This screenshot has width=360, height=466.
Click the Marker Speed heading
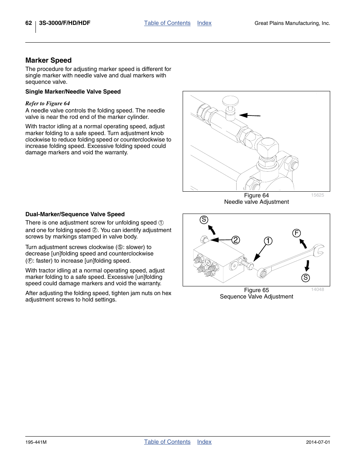(x=48, y=60)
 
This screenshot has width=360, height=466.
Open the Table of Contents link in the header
(x=167, y=23)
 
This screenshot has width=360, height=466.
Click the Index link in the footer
(x=204, y=442)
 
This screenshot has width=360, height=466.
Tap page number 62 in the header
(x=29, y=23)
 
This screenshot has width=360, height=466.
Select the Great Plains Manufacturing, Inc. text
(x=292, y=23)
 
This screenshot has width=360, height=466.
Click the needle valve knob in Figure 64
(x=230, y=101)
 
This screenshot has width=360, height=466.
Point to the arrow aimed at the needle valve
(x=249, y=115)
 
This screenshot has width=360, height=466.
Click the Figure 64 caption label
(x=256, y=195)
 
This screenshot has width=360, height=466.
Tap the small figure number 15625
(x=317, y=195)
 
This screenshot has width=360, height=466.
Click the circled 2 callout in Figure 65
(x=236, y=240)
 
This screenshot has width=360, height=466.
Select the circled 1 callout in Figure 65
(x=268, y=241)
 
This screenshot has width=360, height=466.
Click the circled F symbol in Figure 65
(x=297, y=233)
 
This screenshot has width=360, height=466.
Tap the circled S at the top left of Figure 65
(x=204, y=220)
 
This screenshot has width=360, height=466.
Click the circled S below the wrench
(x=306, y=278)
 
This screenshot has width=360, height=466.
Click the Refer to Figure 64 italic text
(x=48, y=103)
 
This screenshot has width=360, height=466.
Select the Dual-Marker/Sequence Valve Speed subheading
(x=75, y=214)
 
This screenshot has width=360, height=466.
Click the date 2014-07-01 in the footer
(x=318, y=442)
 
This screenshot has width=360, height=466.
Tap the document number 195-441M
(x=36, y=442)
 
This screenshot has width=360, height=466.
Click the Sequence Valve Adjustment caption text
(x=256, y=297)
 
